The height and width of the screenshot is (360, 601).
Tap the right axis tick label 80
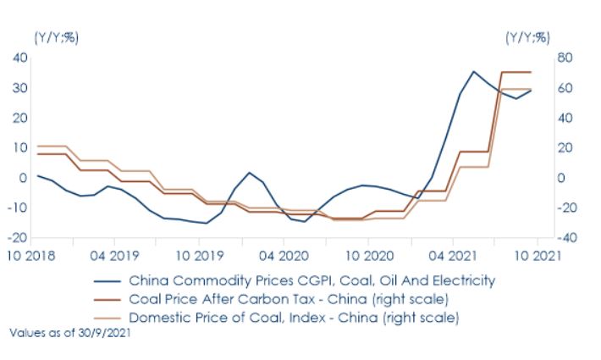tap(566, 58)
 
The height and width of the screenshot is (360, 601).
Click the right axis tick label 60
tap(566, 88)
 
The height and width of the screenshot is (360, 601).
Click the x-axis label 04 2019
tap(113, 254)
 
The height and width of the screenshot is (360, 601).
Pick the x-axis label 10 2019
tap(197, 254)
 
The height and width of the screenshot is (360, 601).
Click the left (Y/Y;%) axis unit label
tap(56, 37)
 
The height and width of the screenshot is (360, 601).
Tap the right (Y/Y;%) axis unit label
tap(527, 37)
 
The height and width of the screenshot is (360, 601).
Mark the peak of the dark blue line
tap(474, 72)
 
